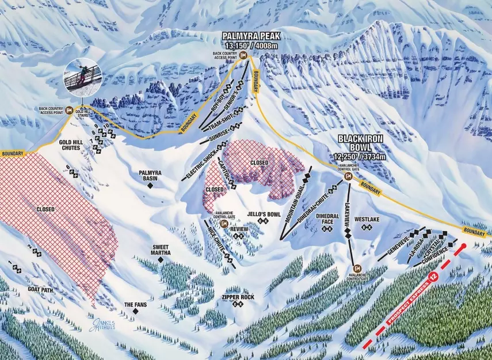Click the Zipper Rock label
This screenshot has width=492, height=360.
(238, 297)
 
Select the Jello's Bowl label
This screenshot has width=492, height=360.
(264, 214)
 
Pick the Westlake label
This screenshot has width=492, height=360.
(366, 219)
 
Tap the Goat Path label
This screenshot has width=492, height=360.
(39, 290)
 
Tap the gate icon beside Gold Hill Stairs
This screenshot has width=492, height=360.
(69, 111)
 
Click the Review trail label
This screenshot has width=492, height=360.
(238, 229)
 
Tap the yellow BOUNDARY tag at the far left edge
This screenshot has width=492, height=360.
(13, 154)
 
